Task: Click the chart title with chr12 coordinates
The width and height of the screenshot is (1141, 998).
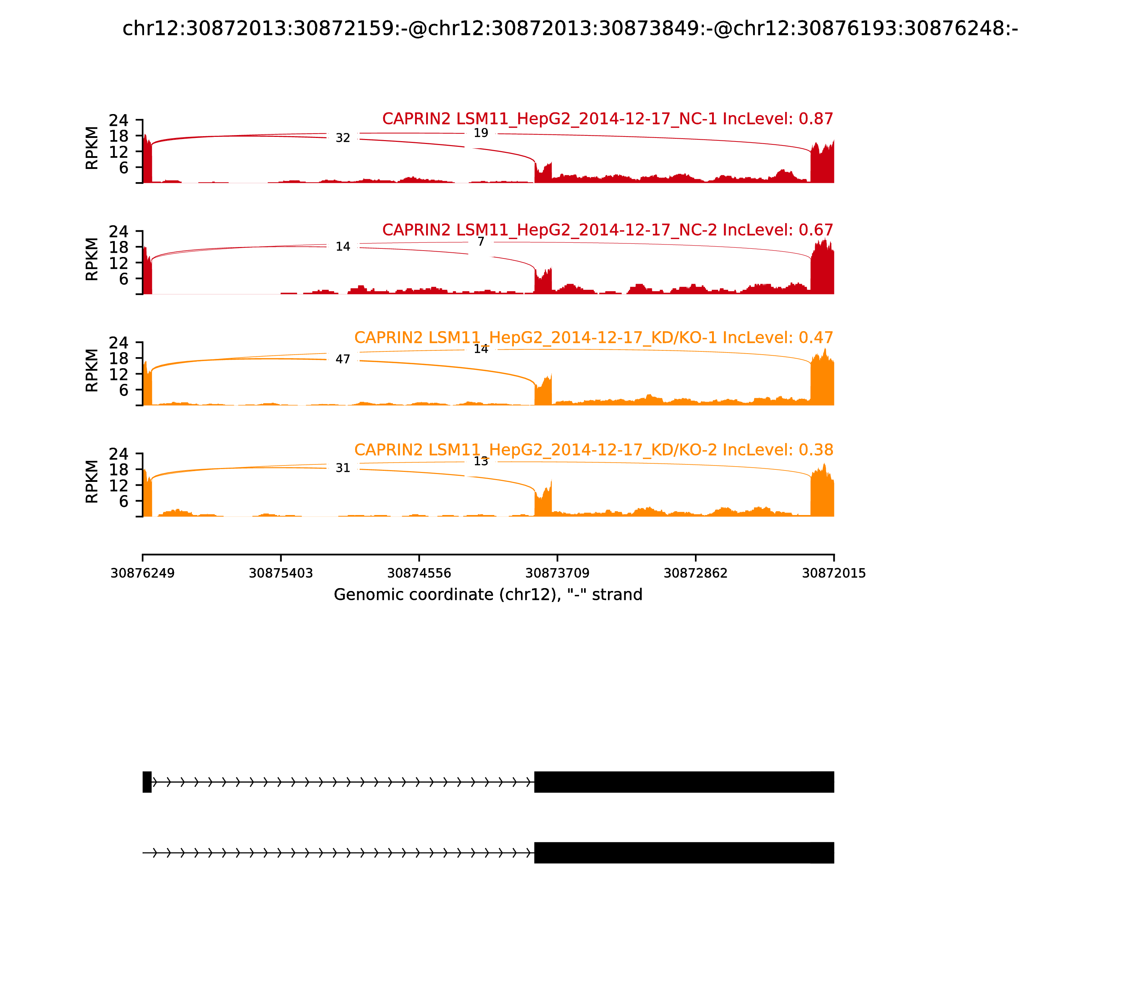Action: (570, 29)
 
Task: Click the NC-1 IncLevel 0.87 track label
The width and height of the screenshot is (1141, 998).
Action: (607, 119)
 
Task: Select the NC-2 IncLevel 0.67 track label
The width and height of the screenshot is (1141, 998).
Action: (607, 230)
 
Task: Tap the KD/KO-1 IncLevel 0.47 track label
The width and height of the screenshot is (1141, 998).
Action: (593, 338)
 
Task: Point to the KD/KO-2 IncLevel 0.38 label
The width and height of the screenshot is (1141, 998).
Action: (593, 449)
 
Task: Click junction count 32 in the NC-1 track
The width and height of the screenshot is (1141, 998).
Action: (343, 138)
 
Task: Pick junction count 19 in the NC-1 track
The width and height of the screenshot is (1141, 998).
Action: (481, 133)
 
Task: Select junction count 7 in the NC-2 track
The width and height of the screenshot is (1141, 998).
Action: (481, 242)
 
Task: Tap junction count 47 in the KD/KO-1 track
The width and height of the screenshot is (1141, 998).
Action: (343, 359)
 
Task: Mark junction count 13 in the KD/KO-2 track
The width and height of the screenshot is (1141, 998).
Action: (481, 461)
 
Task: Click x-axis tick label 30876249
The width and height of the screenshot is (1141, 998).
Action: (143, 573)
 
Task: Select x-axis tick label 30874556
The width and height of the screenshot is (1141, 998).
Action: (419, 573)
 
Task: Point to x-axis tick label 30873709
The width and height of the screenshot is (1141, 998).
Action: (557, 573)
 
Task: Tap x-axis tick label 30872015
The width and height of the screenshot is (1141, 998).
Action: (834, 573)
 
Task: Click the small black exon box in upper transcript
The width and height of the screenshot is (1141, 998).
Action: (147, 782)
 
